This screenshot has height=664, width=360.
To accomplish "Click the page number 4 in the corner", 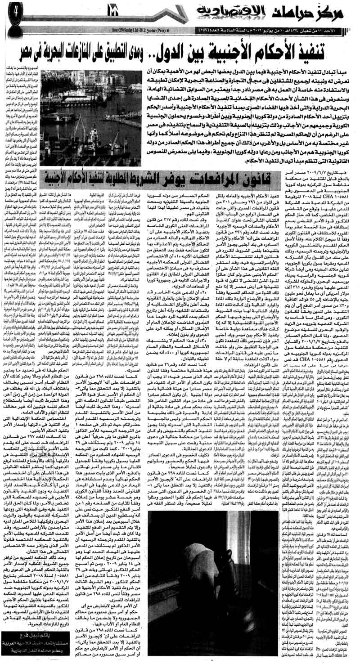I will click(13, 10).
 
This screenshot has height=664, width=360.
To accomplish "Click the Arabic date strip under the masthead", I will click(279, 31).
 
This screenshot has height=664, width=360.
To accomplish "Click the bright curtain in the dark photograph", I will click(189, 553).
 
